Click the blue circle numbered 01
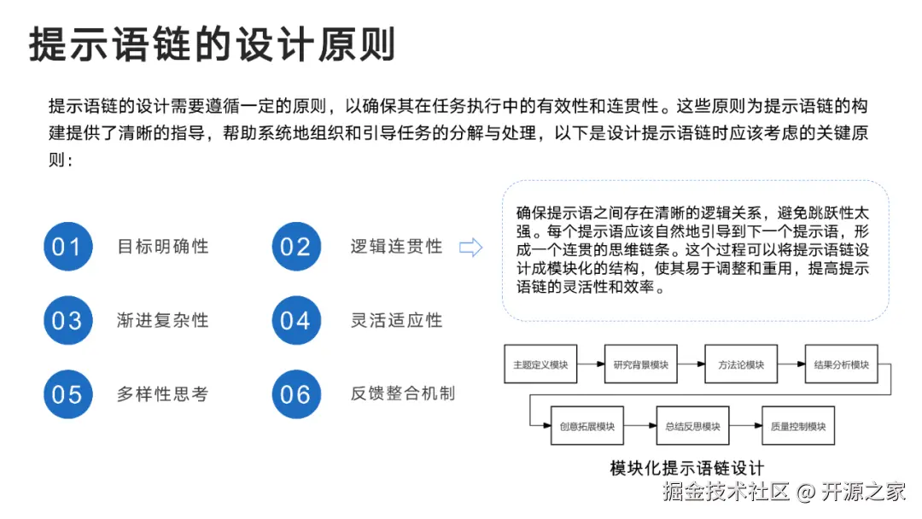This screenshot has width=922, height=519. tap(67, 247)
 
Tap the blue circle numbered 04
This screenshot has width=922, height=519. tap(295, 320)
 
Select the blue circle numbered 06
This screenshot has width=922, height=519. tap(295, 394)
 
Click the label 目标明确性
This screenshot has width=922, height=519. tap(163, 247)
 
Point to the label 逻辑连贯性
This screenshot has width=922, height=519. tap(396, 247)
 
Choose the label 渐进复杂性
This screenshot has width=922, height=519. tap(163, 320)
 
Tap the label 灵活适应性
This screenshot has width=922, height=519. tap(396, 320)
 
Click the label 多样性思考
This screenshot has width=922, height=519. tap(163, 394)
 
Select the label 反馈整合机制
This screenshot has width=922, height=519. tap(402, 394)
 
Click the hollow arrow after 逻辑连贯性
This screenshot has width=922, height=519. tap(470, 248)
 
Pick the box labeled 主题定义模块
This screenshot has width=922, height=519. tap(540, 364)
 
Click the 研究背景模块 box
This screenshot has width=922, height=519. tap(640, 364)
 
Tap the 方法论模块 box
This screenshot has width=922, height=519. tap(740, 364)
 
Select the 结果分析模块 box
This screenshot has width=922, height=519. tap(841, 364)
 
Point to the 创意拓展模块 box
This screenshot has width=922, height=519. tap(587, 426)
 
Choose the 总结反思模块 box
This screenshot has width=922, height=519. tap(692, 426)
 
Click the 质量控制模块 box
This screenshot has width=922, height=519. tap(797, 426)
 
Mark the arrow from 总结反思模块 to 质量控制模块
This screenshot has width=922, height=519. tap(745, 426)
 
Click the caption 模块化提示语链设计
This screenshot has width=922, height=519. tap(686, 467)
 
